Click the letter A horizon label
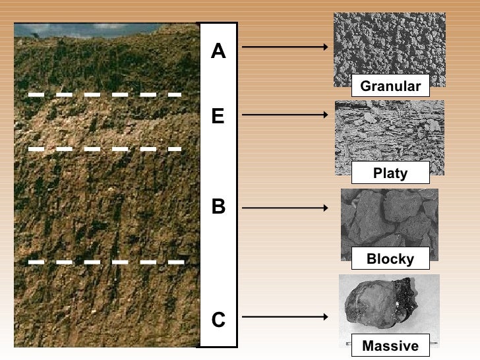[218, 51]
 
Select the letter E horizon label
[218, 117]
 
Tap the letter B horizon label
[218, 208]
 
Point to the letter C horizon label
[218, 320]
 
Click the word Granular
[390, 86]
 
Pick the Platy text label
[390, 173]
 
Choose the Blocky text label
[390, 258]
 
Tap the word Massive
[390, 345]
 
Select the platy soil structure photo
[389, 132]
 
